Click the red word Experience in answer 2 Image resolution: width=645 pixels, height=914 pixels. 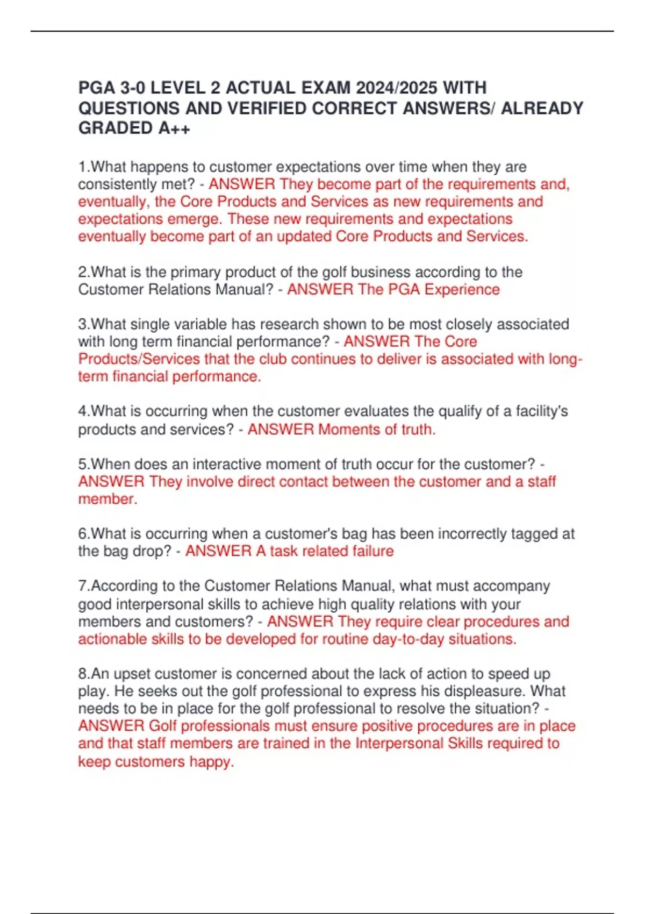(x=462, y=289)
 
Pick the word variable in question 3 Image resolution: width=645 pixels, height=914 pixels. (x=198, y=324)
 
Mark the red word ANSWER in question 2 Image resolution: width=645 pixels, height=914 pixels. (x=320, y=289)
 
